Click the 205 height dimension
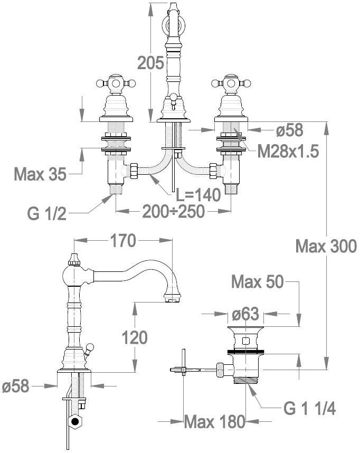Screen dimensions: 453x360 coord(150,63)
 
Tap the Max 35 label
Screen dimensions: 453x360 coord(40,173)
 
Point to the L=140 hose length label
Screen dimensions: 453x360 coord(197,195)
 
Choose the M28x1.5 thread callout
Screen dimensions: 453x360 coord(288,152)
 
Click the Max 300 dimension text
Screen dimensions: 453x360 coord(326,246)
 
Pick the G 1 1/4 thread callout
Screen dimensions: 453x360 coord(309,408)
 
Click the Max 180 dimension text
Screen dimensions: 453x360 coord(215,421)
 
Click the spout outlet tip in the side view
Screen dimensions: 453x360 coord(172,300)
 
